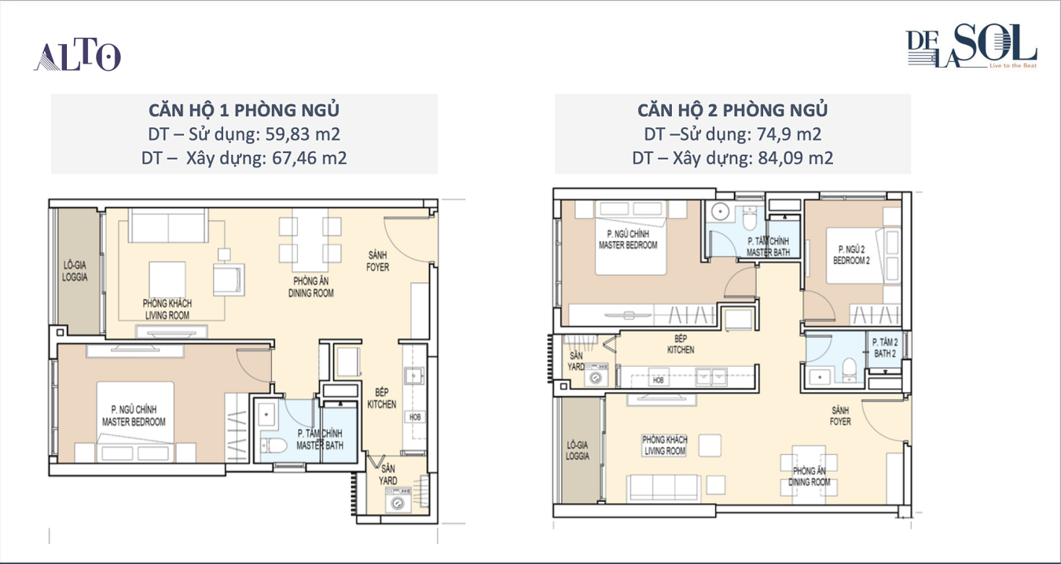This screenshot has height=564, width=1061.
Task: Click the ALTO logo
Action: pyautogui.click(x=77, y=56)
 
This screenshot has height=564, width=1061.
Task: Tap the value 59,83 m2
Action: pyautogui.click(x=303, y=134)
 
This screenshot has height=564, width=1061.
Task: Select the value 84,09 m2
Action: pyautogui.click(x=795, y=158)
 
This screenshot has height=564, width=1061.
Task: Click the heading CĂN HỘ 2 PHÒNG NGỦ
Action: pyautogui.click(x=732, y=110)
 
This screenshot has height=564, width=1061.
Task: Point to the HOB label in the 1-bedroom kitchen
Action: pyautogui.click(x=415, y=417)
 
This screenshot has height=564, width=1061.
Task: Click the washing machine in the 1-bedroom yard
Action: pyautogui.click(x=398, y=503)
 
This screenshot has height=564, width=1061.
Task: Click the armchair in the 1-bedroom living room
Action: pyautogui.click(x=228, y=280)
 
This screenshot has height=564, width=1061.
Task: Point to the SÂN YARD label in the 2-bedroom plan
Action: pyautogui.click(x=576, y=361)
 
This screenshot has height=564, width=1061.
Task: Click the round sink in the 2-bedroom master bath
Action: pyautogui.click(x=720, y=211)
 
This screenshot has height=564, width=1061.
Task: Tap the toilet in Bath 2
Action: pyautogui.click(x=850, y=370)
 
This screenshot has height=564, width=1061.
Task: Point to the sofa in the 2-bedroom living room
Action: pyautogui.click(x=663, y=488)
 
